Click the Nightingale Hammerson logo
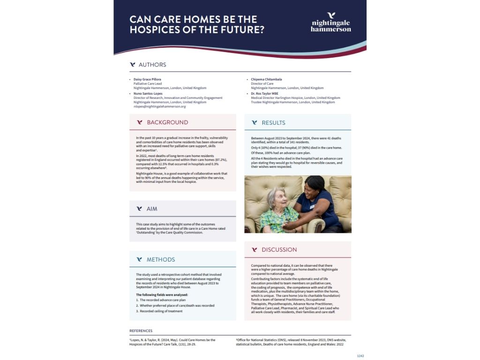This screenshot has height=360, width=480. click(x=330, y=22)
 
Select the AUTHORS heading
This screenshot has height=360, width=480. click(x=152, y=65)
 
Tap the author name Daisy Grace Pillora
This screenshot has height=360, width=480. click(x=147, y=80)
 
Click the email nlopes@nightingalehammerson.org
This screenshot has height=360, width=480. click(x=159, y=106)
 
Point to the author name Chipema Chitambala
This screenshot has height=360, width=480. click(x=266, y=80)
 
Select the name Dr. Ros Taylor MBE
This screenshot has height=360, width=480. click(x=264, y=93)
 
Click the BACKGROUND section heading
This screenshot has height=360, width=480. click(x=167, y=122)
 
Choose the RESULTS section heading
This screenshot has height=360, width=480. click(x=273, y=123)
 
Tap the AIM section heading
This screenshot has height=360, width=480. click(x=152, y=209)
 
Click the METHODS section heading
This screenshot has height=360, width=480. click(x=161, y=259)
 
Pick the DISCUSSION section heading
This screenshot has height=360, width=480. click(x=279, y=250)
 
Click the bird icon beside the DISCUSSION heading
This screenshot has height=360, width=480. click(x=255, y=250)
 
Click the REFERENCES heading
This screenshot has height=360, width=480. click(x=141, y=331)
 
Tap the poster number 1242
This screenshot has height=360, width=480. click(x=360, y=356)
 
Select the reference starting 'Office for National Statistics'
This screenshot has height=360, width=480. click(x=291, y=339)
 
